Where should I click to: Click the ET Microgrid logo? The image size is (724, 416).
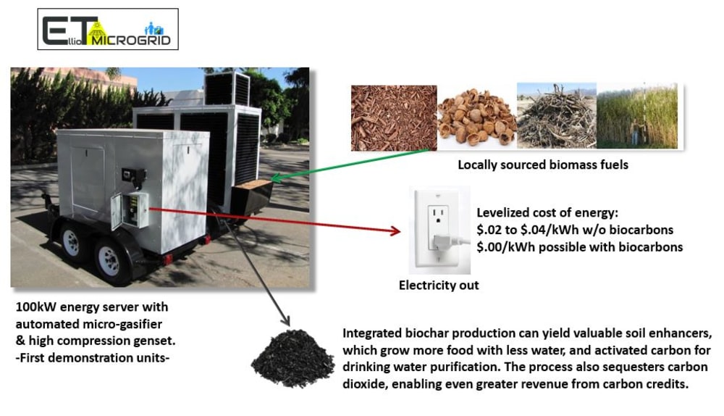pos(108,29)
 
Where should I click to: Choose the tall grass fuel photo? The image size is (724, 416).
pos(637,116)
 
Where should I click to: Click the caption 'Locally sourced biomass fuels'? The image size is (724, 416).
pos(542,165)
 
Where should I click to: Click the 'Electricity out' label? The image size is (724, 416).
pos(439,286)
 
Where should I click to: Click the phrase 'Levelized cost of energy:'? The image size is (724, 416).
pos(542,213)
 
